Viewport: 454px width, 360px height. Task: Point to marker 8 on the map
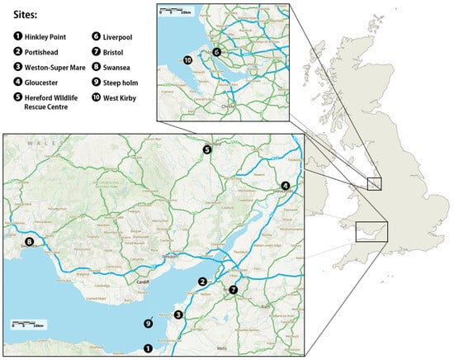[x=29, y=242]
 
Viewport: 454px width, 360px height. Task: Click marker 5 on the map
[x=208, y=150]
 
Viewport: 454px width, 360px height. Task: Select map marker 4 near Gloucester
[x=285, y=187]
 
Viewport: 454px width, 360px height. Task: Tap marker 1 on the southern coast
[x=148, y=348]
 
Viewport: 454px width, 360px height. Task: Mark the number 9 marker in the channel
[x=148, y=324]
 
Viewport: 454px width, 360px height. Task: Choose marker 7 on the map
[x=234, y=290]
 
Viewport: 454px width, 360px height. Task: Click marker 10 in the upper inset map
[x=187, y=59]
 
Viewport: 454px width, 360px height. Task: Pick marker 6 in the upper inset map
[x=216, y=52]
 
